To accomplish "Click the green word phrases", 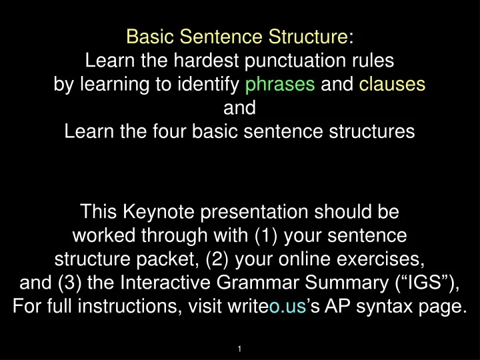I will (x=280, y=85).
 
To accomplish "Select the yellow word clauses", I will (x=392, y=85).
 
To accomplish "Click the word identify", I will (x=215, y=85).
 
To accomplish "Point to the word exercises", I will (x=383, y=258).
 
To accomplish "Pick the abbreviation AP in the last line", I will (x=333, y=305).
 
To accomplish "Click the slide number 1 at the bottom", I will (x=240, y=349).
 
